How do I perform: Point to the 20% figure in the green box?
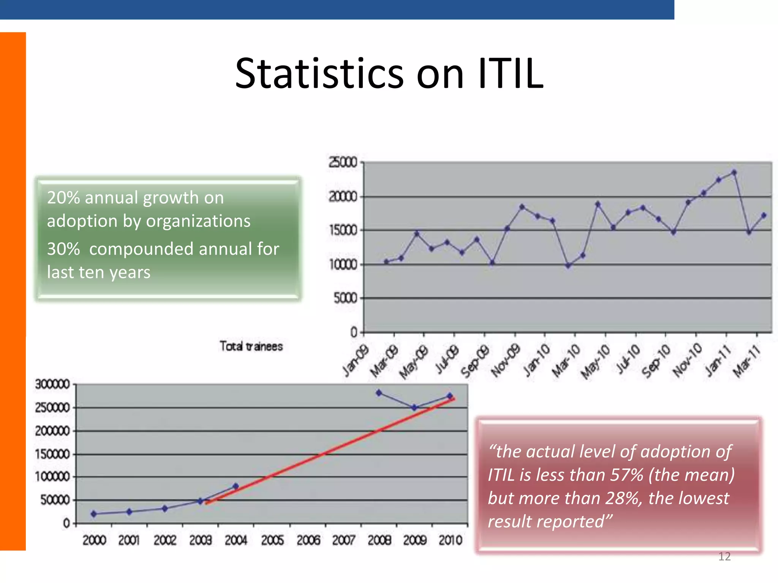(63, 198)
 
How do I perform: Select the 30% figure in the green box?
(63, 249)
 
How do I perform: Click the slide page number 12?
(724, 557)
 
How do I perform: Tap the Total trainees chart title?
(251, 346)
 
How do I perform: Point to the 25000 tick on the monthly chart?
(343, 162)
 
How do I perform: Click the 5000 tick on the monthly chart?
(346, 298)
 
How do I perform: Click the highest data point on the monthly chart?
(734, 173)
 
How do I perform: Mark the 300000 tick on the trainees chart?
(52, 384)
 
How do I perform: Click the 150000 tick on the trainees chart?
(52, 454)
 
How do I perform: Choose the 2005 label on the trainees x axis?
(272, 540)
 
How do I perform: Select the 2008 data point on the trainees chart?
(379, 393)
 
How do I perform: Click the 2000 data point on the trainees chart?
(94, 514)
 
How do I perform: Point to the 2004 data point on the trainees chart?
(236, 486)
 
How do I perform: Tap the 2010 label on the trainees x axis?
(450, 540)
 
